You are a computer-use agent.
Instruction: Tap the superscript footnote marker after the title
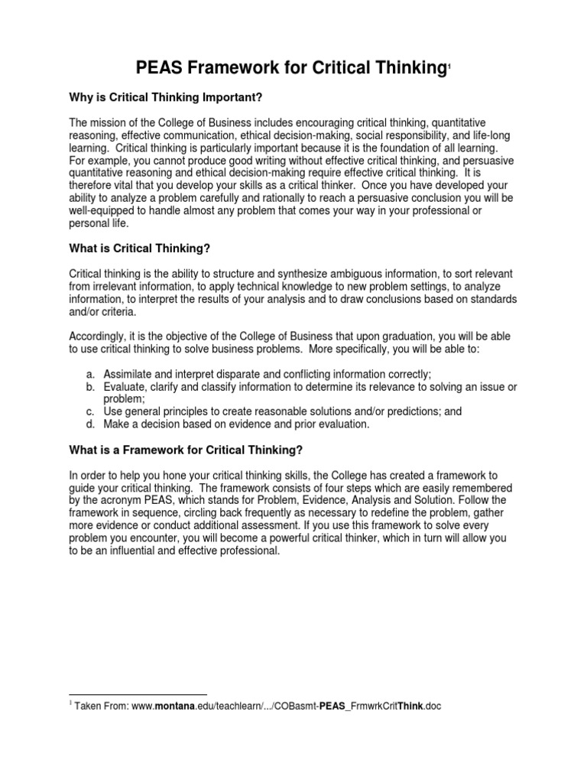[x=449, y=70]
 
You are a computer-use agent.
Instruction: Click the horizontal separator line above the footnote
[x=138, y=694]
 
